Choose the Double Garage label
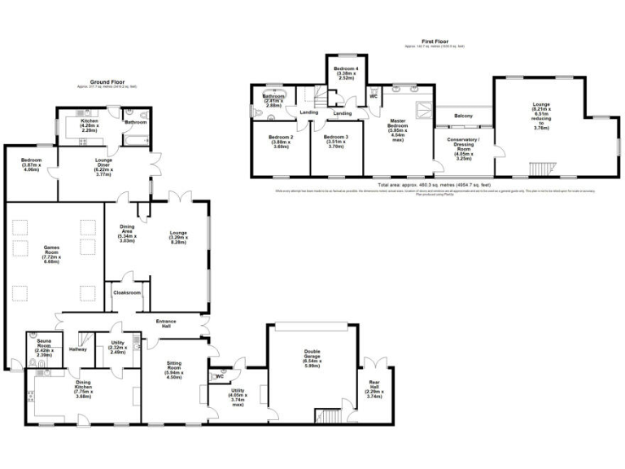click(313, 361)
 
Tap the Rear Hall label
click(374, 390)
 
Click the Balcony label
click(464, 115)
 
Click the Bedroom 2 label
click(280, 141)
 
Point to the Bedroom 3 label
click(335, 141)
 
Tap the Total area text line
click(434, 186)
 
